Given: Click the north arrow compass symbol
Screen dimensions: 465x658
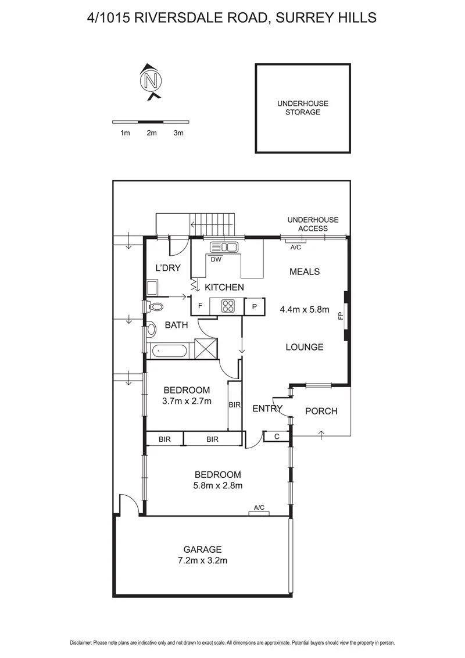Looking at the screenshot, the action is pyautogui.click(x=152, y=80).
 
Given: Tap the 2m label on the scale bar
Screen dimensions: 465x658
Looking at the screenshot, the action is pyautogui.click(x=152, y=133).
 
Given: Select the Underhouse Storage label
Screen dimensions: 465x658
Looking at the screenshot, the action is pyautogui.click(x=302, y=108).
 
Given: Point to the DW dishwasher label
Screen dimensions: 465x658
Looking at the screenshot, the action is pyautogui.click(x=216, y=259).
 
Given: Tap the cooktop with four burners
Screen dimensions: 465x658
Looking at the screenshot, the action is pyautogui.click(x=226, y=306).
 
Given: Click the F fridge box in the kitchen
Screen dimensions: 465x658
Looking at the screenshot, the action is pyautogui.click(x=201, y=306).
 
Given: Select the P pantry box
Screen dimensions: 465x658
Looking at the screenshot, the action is pyautogui.click(x=255, y=306).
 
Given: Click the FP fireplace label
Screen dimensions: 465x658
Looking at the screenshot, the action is pyautogui.click(x=341, y=317).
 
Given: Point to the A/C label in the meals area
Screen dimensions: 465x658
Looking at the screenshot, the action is pyautogui.click(x=296, y=247).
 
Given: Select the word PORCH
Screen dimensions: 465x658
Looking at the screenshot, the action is pyautogui.click(x=321, y=411).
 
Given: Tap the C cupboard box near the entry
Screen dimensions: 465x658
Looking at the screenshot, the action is pyautogui.click(x=277, y=436).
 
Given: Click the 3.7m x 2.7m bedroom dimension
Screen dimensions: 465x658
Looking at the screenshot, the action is pyautogui.click(x=187, y=400).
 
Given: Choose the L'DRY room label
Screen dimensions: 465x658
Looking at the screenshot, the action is pyautogui.click(x=168, y=268).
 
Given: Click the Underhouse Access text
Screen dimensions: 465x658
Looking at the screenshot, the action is pyautogui.click(x=313, y=224).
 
